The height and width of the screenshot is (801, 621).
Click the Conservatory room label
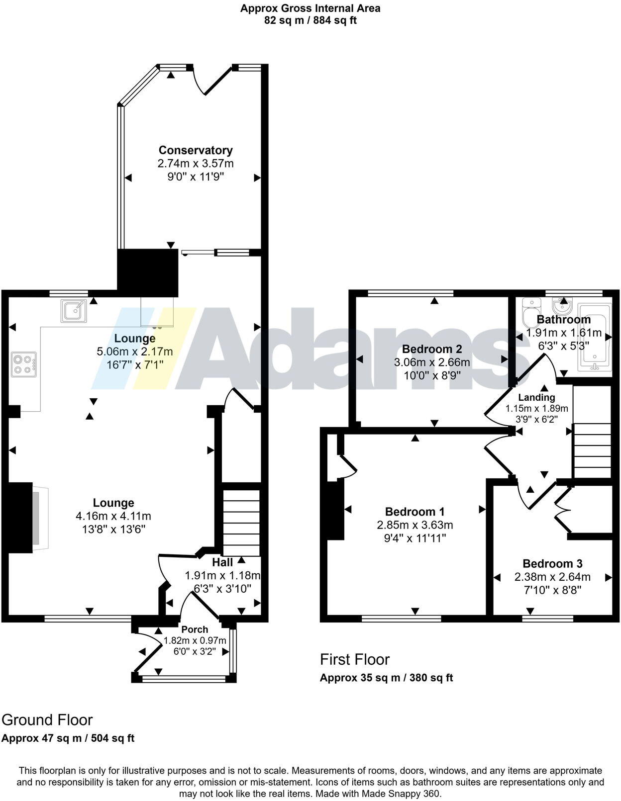(196, 150)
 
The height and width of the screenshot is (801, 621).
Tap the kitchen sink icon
(74, 311)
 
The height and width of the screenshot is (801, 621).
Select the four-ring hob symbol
(24, 364)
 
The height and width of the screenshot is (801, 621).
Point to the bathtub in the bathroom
(594, 338)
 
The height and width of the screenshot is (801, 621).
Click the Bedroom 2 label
(432, 349)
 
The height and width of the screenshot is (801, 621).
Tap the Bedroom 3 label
(552, 563)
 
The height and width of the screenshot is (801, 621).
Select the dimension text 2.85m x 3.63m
(415, 525)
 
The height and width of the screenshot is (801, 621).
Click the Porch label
(195, 629)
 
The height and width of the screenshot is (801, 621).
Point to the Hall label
(222, 562)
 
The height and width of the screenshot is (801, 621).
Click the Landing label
(536, 397)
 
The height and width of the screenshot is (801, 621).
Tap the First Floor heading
(355, 659)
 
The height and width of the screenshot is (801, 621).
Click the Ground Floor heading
(47, 720)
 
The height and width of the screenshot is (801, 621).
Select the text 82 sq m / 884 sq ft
(310, 20)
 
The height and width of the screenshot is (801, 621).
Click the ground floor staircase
(241, 522)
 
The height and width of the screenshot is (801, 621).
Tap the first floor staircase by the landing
(592, 450)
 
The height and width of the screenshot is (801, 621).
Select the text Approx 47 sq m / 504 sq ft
(68, 738)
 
